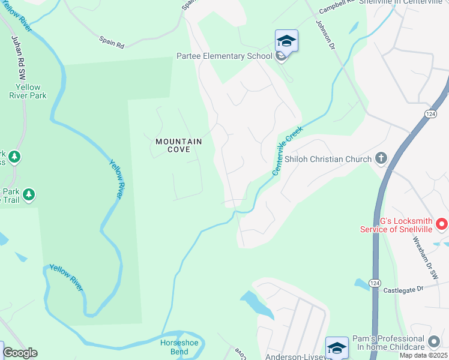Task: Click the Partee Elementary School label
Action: point(224,56)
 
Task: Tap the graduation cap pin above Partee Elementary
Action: point(286,41)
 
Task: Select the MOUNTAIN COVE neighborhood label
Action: point(178,145)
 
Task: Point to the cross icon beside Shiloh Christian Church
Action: point(380,159)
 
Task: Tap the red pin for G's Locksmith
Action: point(442,225)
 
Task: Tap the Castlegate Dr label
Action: point(403,289)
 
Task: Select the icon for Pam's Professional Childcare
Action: point(435,342)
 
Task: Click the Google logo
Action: point(20,353)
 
